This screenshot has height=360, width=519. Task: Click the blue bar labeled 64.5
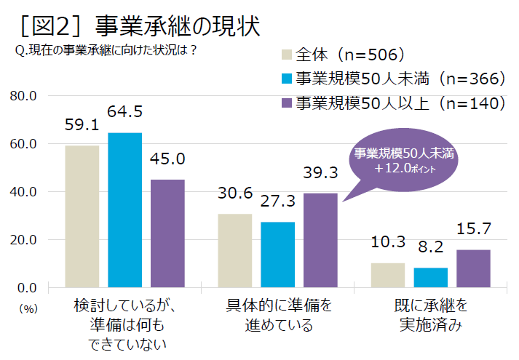(125, 210)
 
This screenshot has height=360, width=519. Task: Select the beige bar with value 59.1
(82, 217)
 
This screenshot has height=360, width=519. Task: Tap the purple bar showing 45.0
(167, 233)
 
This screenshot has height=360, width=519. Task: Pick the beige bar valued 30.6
(235, 251)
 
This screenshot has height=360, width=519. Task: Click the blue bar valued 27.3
(277, 255)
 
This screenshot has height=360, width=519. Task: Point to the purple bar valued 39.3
(320, 241)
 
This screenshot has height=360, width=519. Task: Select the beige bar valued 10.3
(388, 275)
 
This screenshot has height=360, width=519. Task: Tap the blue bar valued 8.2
(430, 278)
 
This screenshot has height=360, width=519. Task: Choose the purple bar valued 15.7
(473, 269)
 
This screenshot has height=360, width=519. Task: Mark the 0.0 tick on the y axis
(26, 288)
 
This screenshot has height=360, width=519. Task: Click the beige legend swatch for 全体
(285, 55)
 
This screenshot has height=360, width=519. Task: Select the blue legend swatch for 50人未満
(285, 79)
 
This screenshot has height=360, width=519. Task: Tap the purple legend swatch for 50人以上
(285, 103)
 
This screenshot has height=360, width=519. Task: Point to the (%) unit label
(28, 308)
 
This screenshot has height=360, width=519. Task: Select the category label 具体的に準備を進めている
(278, 314)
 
